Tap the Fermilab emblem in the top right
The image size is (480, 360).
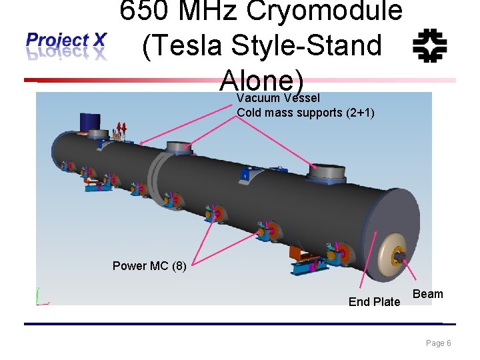tap(429, 45)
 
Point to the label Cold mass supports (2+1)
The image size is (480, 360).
tap(305, 113)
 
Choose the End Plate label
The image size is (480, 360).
tap(374, 302)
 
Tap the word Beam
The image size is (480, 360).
tap(427, 294)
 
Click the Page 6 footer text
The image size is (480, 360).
tap(439, 343)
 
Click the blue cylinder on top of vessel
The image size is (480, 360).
tap(89, 122)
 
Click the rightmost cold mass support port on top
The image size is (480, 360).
tap(327, 173)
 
